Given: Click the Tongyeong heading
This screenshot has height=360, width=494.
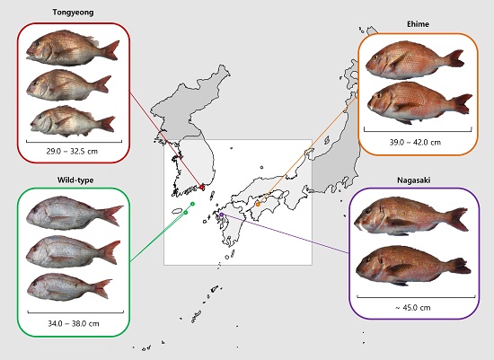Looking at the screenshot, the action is (x=73, y=13).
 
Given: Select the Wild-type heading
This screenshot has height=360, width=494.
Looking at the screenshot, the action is (x=75, y=180).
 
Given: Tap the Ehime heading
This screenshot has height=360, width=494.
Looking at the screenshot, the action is (x=418, y=24).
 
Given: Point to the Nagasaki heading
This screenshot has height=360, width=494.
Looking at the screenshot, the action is (x=414, y=180).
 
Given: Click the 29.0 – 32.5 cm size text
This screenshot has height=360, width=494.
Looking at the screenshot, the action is (x=72, y=151).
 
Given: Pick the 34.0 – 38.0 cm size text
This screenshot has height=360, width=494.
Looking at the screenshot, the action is (x=74, y=323).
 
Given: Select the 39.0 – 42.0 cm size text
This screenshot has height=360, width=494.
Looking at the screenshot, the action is (x=415, y=143).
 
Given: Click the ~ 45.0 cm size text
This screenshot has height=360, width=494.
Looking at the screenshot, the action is (x=413, y=308).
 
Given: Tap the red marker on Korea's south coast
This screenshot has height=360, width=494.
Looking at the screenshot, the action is (x=202, y=187).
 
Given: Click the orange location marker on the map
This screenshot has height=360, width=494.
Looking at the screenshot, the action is (x=258, y=205).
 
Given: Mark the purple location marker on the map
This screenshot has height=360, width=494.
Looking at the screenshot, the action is (x=222, y=215).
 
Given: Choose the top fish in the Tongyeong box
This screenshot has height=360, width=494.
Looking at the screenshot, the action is (x=73, y=48).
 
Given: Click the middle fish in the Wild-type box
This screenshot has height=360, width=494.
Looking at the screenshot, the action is (x=74, y=251).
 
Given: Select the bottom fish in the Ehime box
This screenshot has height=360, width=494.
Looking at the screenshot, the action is (x=420, y=102).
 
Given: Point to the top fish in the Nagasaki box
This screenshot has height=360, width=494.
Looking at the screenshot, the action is (x=411, y=216).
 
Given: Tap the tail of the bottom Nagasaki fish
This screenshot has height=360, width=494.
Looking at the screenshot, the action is (x=461, y=266).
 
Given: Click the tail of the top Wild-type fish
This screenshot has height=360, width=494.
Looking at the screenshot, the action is (x=111, y=215).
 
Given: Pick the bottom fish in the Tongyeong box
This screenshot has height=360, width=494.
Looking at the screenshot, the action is (x=73, y=121).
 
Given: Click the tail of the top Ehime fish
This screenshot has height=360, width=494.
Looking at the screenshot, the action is (x=454, y=58).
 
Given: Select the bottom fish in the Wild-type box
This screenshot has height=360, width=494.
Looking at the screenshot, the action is (x=70, y=286).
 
